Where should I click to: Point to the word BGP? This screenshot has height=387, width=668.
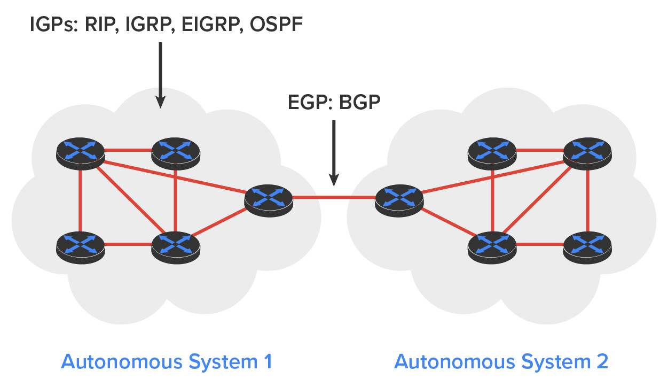point(359,102)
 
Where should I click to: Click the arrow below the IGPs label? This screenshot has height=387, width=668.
point(160,75)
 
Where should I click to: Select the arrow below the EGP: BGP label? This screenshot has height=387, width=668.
point(334,152)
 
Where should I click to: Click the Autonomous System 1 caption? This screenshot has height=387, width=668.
point(167,362)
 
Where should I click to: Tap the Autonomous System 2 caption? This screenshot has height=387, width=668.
point(501,362)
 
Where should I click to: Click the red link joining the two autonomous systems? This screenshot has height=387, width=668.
point(334,198)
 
